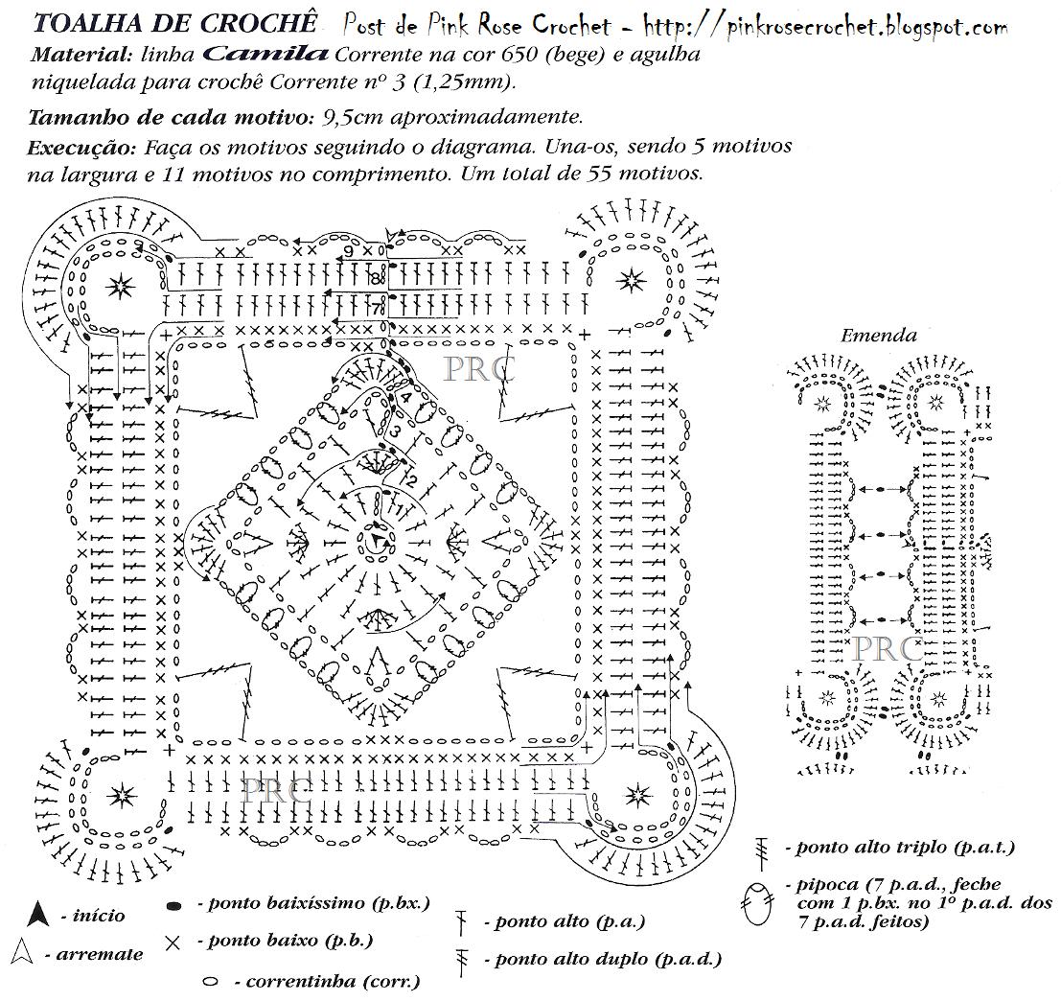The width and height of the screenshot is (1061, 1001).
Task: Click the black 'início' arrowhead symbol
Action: [x=37, y=914]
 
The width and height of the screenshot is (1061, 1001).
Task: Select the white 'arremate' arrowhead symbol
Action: [x=24, y=952]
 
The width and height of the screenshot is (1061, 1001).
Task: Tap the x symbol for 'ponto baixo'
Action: [x=173, y=943]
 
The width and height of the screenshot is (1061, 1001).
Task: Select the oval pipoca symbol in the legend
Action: [x=756, y=903]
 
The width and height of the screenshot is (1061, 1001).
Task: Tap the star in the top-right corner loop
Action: [x=631, y=280]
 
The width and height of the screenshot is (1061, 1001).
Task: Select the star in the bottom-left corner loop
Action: [x=122, y=795]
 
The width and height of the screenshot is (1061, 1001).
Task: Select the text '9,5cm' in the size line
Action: [x=355, y=118]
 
